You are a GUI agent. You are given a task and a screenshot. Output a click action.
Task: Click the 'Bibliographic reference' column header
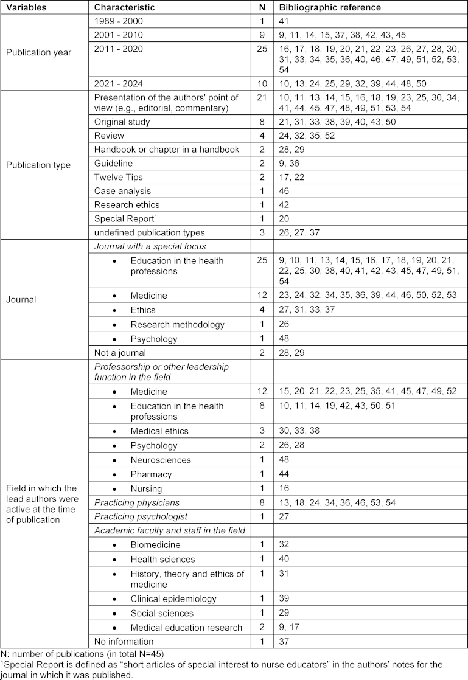pos(330,8)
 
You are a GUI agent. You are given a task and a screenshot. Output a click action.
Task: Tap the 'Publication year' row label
pos(38,52)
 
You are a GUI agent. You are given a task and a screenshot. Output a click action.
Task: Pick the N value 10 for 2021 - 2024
pos(261,83)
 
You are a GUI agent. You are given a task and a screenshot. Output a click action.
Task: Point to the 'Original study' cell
pos(122,122)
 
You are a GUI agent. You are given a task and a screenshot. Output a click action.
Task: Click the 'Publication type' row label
pos(38,164)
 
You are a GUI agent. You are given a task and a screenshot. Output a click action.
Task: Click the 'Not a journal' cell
pos(119,353)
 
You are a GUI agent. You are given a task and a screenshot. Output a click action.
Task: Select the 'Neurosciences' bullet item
pos(160,460)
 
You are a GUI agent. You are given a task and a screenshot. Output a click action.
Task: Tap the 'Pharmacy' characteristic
pos(150,474)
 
